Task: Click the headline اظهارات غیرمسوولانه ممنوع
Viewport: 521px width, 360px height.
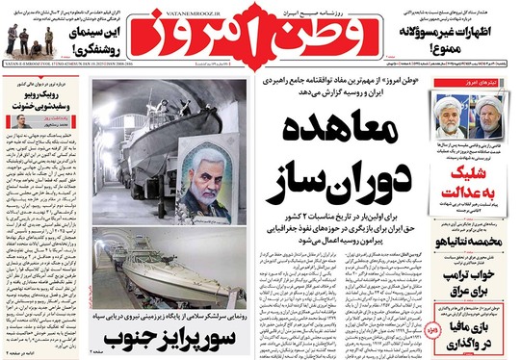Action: (x=468, y=43)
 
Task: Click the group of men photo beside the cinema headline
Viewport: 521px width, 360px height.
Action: (x=30, y=38)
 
